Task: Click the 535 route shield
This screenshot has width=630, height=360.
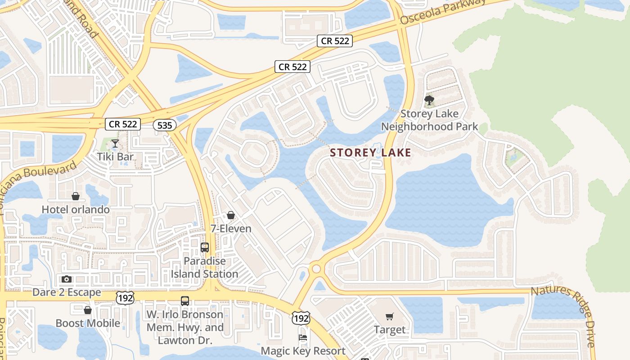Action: coord(165,125)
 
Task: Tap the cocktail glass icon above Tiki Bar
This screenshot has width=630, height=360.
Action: coord(115,144)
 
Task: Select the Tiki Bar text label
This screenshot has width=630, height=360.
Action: coord(115,157)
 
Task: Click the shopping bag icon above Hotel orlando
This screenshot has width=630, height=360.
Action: coord(76,196)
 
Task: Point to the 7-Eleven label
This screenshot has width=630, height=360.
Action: coord(231,229)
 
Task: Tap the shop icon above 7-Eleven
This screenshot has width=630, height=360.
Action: coord(231,215)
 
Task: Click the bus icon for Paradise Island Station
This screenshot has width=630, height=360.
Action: coord(205,247)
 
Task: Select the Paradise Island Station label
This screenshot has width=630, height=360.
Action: coord(205,267)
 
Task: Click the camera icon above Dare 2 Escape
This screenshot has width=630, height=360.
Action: coord(67,279)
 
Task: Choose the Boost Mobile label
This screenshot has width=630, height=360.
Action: coord(88,323)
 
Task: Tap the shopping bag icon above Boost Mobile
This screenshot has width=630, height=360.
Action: coord(88,310)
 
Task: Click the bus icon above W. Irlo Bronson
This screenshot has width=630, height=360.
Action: coord(185,301)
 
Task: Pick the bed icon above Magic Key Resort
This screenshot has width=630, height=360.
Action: coord(303,337)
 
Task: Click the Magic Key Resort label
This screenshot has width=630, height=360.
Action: coord(303,351)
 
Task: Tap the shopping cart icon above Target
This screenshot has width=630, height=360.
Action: coord(390,317)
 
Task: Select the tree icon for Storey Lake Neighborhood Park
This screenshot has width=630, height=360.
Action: coord(429,100)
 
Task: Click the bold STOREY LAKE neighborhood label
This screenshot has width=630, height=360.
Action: coord(370,153)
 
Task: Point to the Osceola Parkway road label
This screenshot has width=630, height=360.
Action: coord(443,12)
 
